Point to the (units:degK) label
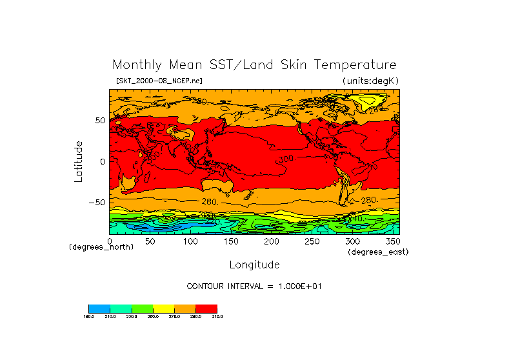click(x=371, y=81)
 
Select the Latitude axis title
click(x=79, y=161)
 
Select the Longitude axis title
click(x=254, y=265)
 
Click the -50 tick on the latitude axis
click(x=96, y=203)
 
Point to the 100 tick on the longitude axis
click(x=190, y=241)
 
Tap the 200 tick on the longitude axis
click(x=271, y=241)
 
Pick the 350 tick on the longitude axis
click(x=392, y=241)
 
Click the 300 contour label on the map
click(x=286, y=158)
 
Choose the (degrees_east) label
click(x=378, y=252)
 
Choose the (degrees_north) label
click(x=101, y=247)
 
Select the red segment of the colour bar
click(x=206, y=308)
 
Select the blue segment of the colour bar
click(x=99, y=308)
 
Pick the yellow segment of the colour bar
click(x=164, y=308)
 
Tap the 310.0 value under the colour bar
click(x=217, y=316)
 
